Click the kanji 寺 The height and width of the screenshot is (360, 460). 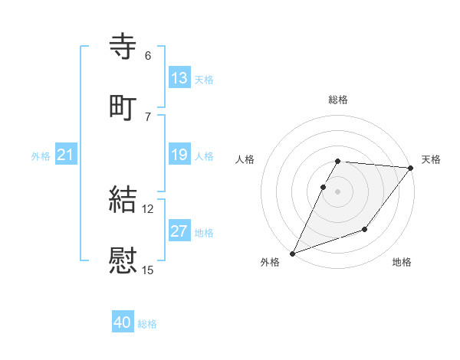[x=123, y=46]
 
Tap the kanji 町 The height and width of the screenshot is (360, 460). [x=123, y=106]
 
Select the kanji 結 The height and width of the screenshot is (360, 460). [x=123, y=199]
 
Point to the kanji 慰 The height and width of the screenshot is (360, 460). [x=123, y=260]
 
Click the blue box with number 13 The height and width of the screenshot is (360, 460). [x=179, y=78]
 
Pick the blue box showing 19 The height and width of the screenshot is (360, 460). [x=179, y=155]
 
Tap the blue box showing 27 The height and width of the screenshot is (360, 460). [x=179, y=232]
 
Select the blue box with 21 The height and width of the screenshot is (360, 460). [x=66, y=155]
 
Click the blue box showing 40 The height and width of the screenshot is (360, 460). [x=123, y=323]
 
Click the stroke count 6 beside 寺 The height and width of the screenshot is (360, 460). [x=148, y=55]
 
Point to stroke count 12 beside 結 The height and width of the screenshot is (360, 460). [x=148, y=208]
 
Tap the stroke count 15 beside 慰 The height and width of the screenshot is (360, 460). [x=148, y=270]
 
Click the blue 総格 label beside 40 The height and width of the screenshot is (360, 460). [x=148, y=324]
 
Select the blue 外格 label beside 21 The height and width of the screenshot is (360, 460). [x=41, y=156]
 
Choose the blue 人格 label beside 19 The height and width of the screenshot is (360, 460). [x=204, y=156]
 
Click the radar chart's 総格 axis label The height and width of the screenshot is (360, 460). [x=338, y=100]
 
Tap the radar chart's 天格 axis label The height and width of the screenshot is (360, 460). [x=431, y=159]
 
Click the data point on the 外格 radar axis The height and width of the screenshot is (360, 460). [x=292, y=254]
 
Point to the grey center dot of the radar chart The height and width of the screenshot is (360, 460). [x=338, y=191]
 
